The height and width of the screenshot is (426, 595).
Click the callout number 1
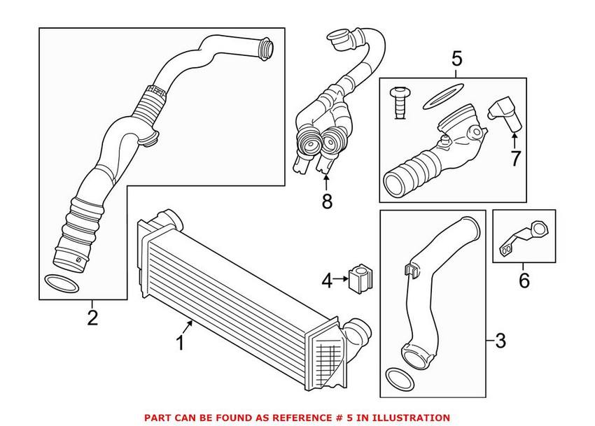pos(180,343)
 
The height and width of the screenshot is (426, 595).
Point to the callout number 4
pos(328,282)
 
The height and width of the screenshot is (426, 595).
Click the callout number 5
pos(456,59)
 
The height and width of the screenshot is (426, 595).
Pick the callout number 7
pos(515,158)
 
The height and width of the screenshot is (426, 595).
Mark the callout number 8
pos(327,201)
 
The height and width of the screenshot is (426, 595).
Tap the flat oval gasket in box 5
pos(444,96)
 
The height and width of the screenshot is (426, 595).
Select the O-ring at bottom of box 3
pos(399,378)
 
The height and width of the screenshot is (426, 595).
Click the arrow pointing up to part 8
pos(326,181)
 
